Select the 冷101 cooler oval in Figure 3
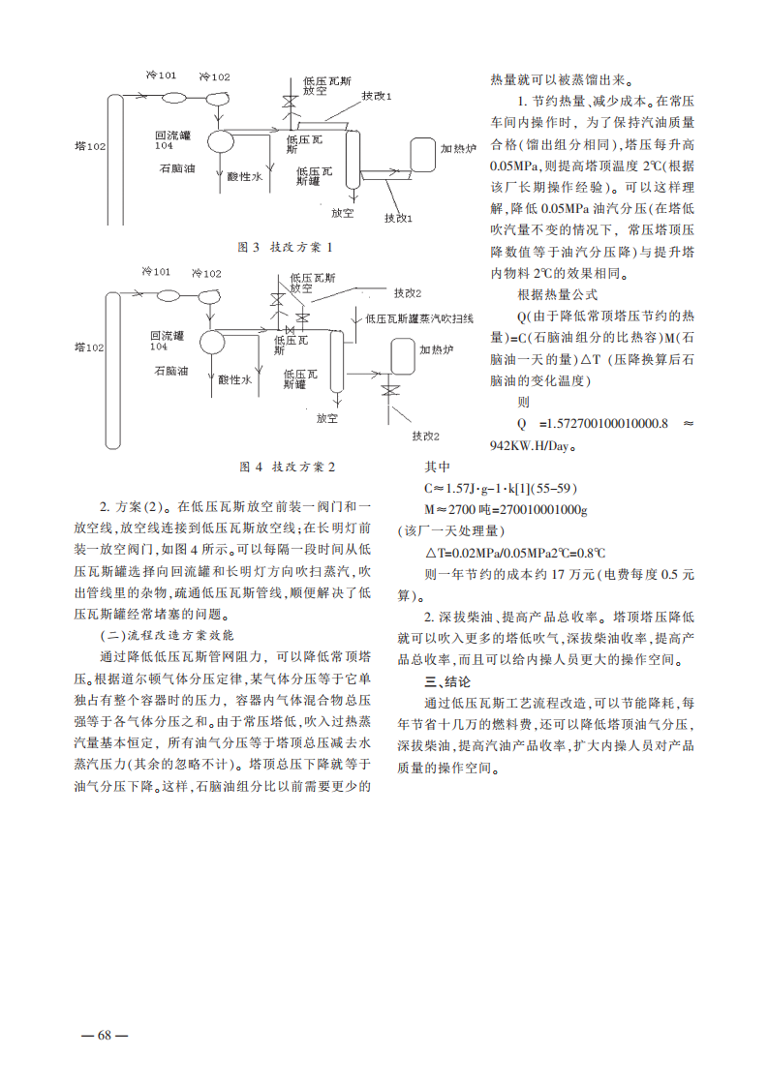pos(175,98)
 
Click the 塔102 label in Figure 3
pos(90,146)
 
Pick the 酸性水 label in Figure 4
pos(234,381)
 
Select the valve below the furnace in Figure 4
pos(392,390)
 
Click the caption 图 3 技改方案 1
pos(286,247)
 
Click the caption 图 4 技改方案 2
pos(287,467)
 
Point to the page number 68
pos(105,1035)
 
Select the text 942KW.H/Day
pos(533,446)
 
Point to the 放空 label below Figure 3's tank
pos(342,212)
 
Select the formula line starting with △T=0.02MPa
pos(515,553)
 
